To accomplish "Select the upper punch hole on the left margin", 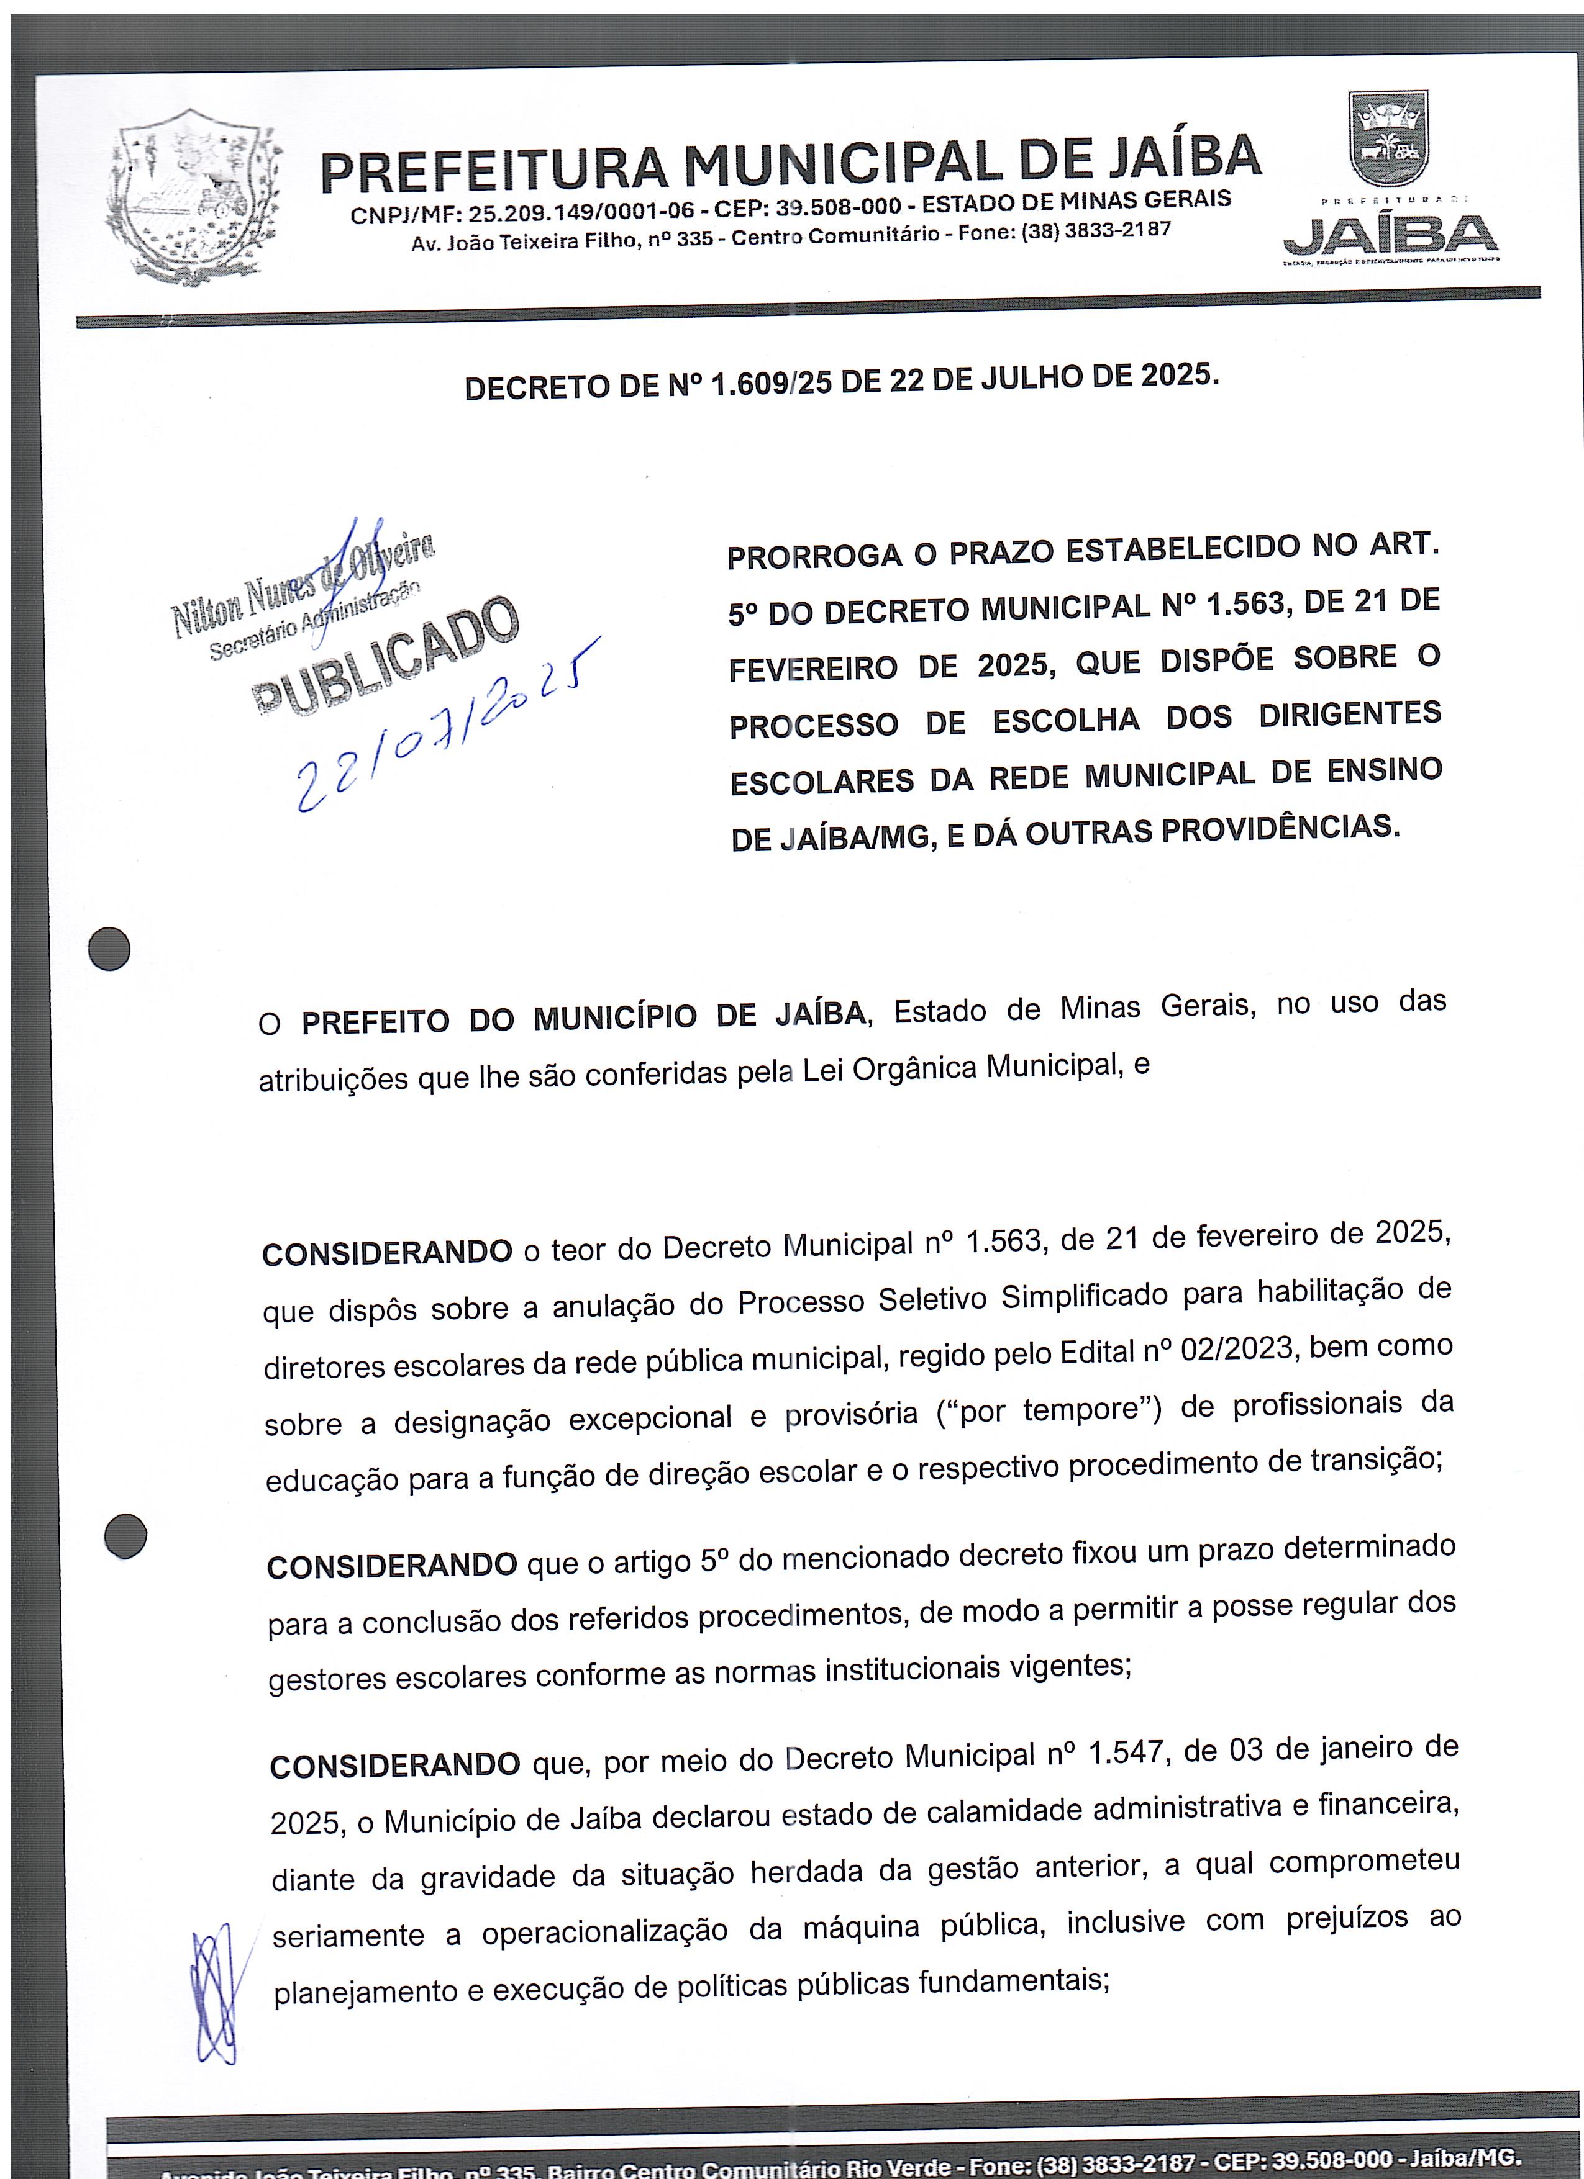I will [x=109, y=949].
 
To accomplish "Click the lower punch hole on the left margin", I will [x=125, y=1535].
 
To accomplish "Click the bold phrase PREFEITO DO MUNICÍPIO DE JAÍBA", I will [x=583, y=1017].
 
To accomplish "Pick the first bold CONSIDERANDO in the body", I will [x=388, y=1253].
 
